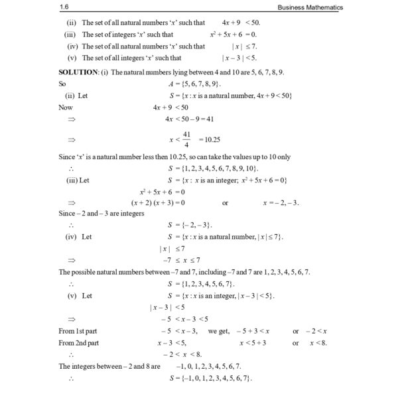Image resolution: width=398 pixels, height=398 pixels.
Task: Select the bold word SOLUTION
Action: pos(78,72)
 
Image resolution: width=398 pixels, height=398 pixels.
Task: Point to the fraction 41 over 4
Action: pos(188,140)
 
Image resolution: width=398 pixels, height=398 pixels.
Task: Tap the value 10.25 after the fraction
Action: pos(212,140)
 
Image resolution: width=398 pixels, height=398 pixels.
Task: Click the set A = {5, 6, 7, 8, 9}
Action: pos(195,84)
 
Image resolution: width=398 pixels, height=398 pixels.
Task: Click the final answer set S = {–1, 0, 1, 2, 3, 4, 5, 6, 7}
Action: pos(210,378)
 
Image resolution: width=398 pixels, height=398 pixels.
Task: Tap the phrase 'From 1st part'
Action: pos(78,330)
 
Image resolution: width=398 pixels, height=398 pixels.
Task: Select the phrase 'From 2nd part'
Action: pos(79,342)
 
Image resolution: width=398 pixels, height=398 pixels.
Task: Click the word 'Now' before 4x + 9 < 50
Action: pos(66,107)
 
